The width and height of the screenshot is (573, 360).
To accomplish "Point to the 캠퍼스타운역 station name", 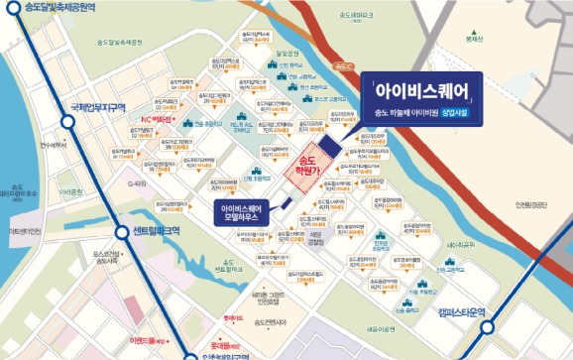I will coord(464,312).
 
